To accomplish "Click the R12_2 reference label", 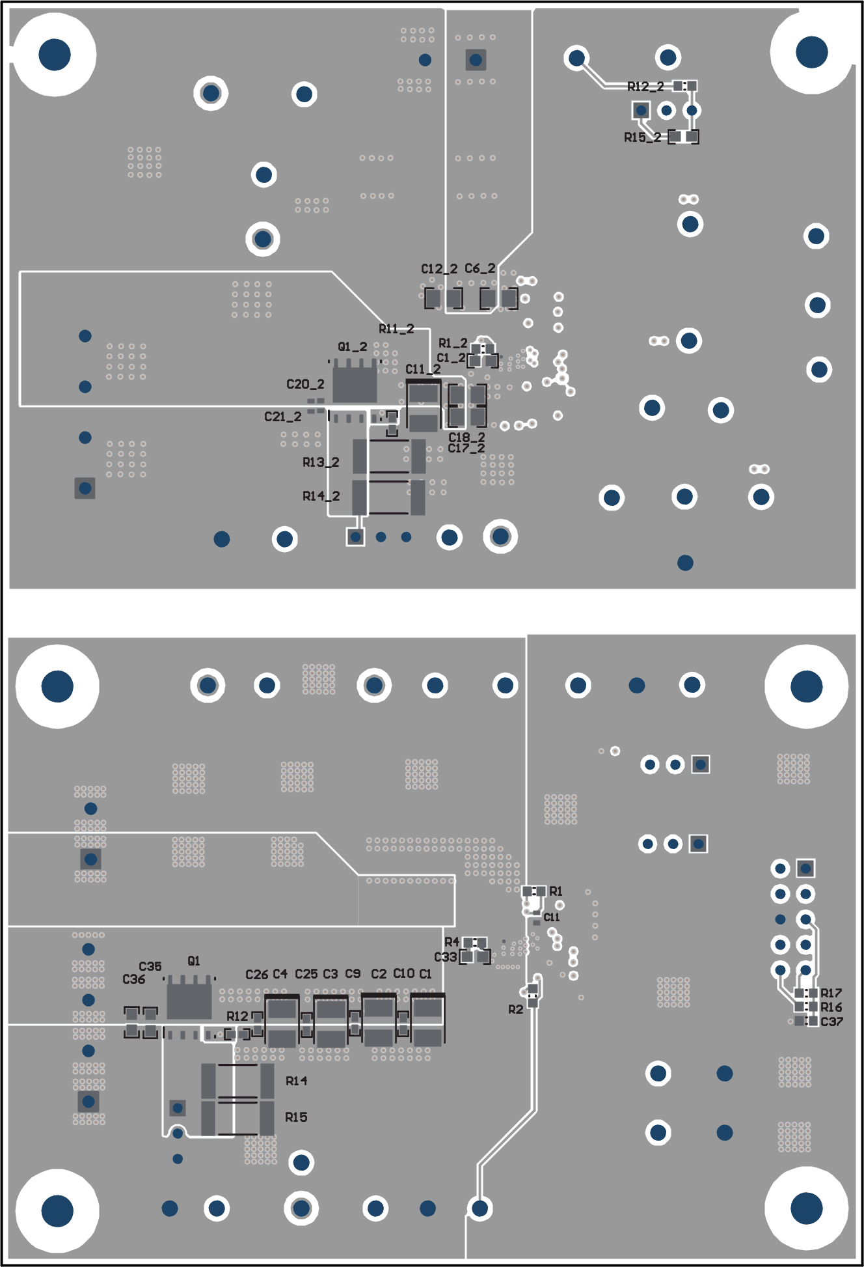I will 645,87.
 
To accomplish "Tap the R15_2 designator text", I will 642,137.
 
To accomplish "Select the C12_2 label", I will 439,269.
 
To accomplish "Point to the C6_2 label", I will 480,268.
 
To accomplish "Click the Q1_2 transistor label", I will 352,347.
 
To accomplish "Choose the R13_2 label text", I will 321,462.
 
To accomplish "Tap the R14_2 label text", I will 321,496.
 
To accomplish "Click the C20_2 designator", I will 305,384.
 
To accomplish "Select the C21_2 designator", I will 283,417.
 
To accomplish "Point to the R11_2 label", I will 396,329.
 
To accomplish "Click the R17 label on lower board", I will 831,993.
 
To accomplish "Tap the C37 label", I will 831,1022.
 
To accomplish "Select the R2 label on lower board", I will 515,1009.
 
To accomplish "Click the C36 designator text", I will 134,979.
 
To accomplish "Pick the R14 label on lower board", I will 296,1081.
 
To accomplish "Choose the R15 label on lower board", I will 296,1117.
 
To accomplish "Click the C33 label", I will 446,957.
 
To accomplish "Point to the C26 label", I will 256,975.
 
